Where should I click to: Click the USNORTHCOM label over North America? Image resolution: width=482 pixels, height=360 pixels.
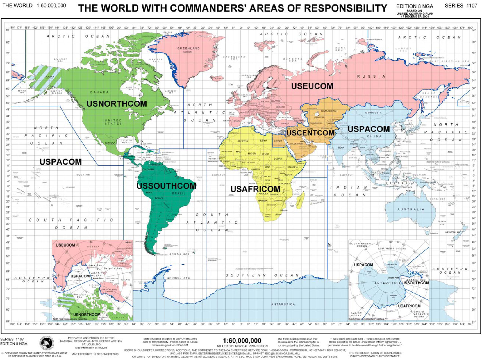[117, 104]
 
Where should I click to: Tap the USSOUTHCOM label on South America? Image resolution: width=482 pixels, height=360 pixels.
[166, 186]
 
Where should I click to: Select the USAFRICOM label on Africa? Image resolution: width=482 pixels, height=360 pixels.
[255, 189]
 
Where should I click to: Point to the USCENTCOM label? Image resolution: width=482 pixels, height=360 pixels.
[310, 133]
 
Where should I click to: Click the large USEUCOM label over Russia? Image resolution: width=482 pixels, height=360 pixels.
[312, 86]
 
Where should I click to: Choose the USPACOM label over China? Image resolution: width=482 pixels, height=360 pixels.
[369, 129]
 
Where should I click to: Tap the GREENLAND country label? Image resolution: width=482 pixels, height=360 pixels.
[188, 49]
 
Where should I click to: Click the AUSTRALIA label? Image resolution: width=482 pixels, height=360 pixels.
[411, 209]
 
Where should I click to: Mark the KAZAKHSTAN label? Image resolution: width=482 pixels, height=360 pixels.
[329, 111]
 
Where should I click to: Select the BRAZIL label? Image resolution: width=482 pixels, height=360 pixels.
[179, 193]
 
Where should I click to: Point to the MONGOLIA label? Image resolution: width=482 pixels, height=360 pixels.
[373, 113]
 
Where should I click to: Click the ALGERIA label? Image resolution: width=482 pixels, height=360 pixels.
[243, 141]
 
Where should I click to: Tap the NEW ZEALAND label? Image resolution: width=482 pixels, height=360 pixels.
[453, 232]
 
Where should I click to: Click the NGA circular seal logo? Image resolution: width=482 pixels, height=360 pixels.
[47, 343]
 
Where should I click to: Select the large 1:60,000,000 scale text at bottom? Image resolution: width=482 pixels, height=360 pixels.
[242, 341]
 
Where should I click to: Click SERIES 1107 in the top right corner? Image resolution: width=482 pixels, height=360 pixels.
[461, 6]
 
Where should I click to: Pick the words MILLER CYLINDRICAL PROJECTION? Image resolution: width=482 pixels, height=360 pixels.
[242, 346]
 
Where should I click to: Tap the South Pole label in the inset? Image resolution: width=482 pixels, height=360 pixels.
[394, 277]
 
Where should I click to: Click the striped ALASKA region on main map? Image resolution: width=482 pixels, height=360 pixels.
[45, 79]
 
